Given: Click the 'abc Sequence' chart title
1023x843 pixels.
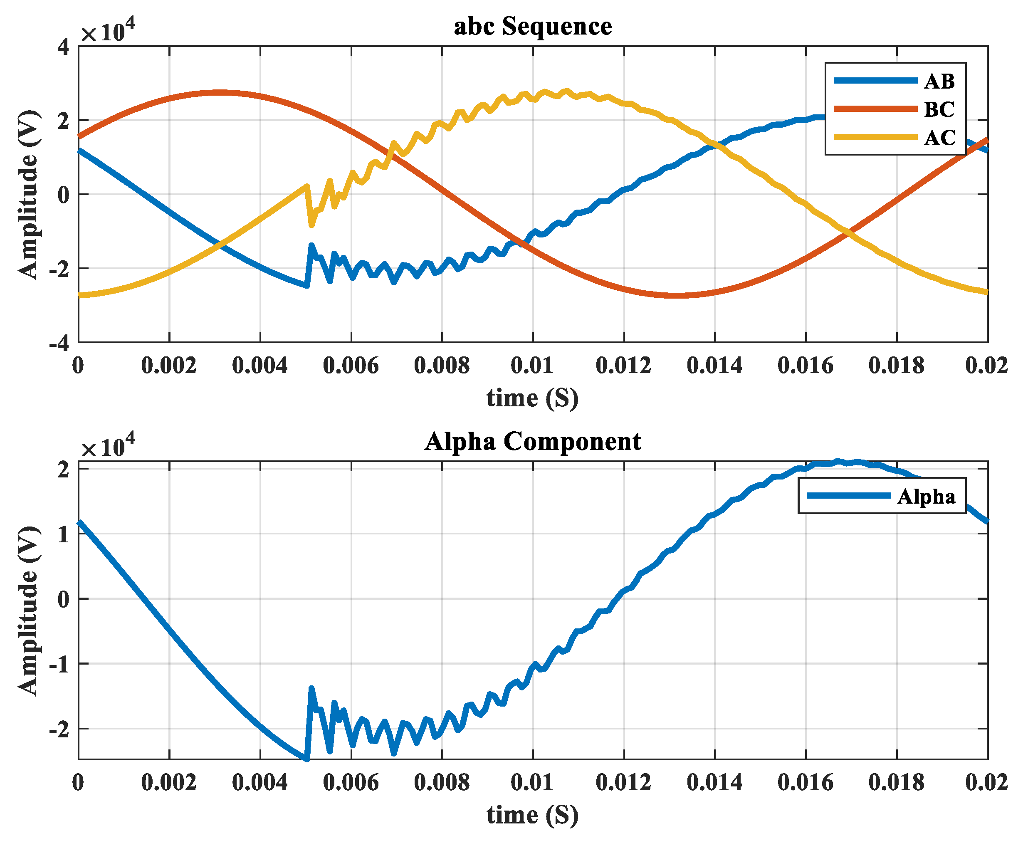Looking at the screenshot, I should pos(533,26).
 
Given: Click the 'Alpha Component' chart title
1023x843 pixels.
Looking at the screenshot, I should pos(533,441).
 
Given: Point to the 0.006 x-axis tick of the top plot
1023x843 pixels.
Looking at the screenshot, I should pos(351,366).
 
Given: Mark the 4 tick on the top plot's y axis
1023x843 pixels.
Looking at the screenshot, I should pos(64,47).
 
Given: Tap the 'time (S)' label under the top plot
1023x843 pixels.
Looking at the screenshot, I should pos(533,398).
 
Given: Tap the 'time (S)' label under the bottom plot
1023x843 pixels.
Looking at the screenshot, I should pos(533,815).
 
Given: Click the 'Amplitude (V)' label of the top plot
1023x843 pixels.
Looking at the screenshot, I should pos(28,194).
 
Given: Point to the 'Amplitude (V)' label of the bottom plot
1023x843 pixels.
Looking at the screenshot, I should pos(28,611).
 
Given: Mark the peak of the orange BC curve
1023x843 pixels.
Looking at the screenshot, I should pos(220,92).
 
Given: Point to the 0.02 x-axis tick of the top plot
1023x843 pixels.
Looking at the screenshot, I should pos(986,366).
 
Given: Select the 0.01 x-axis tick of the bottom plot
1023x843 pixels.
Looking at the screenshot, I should pos(532,782).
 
